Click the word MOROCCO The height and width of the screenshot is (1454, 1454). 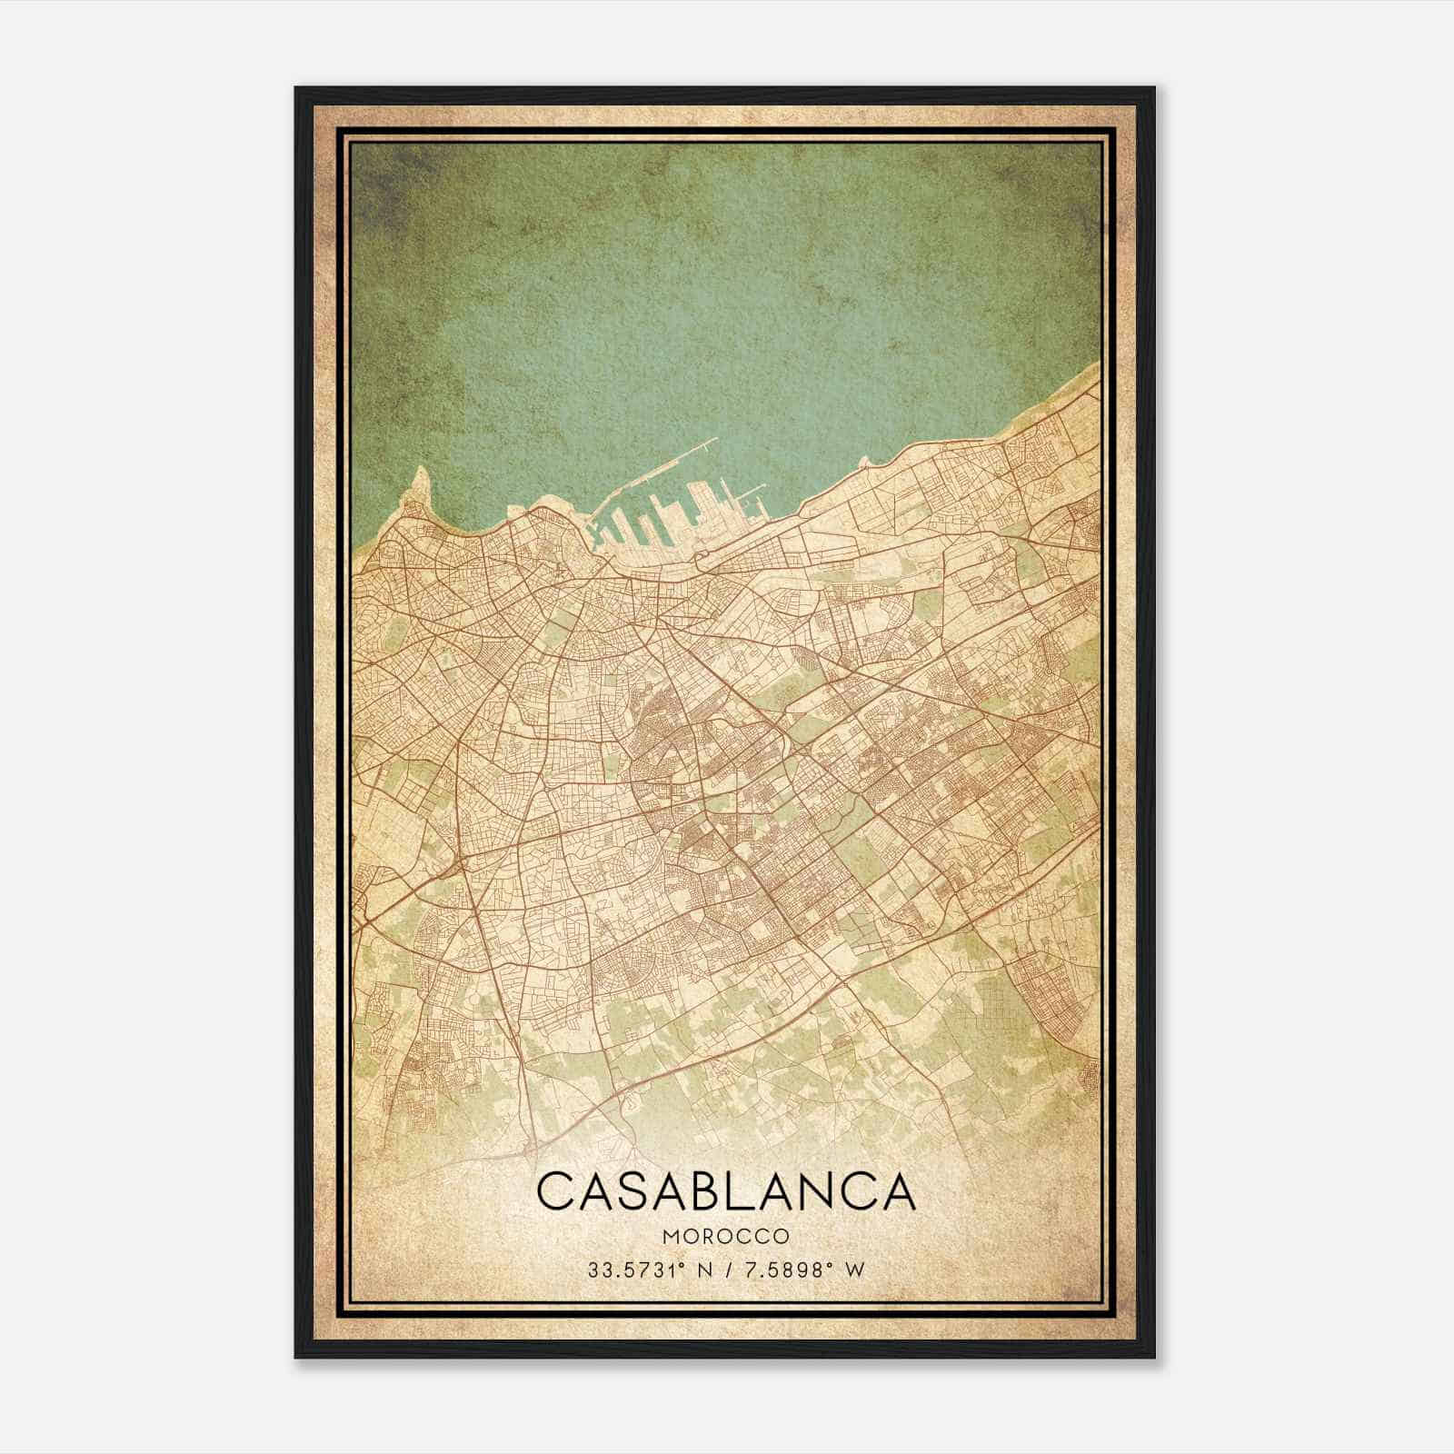coord(725,1237)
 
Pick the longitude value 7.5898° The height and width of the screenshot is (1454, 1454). coord(787,1269)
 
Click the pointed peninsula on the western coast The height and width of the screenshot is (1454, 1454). coord(419,479)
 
